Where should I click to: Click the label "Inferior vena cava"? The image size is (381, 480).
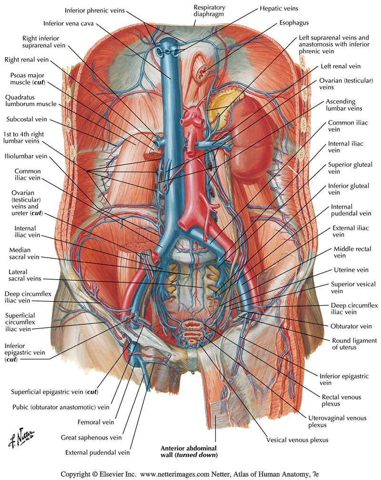click(x=70, y=22)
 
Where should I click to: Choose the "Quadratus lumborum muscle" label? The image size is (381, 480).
click(x=31, y=100)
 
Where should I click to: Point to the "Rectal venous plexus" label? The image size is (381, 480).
click(x=341, y=400)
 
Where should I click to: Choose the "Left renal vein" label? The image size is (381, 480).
click(x=341, y=66)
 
